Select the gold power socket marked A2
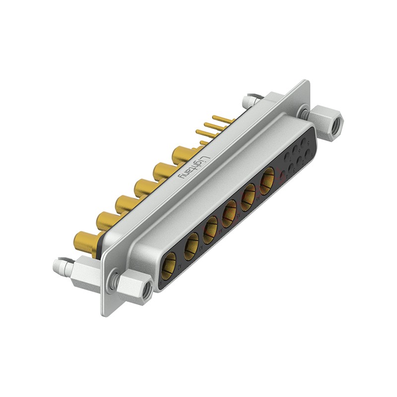pyautogui.click(x=191, y=247)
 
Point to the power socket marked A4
pyautogui.click(x=229, y=214)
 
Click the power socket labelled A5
pyautogui.click(x=248, y=198)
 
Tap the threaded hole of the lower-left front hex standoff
pyautogui.click(x=146, y=292)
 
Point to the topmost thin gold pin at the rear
pyautogui.click(x=221, y=119)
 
